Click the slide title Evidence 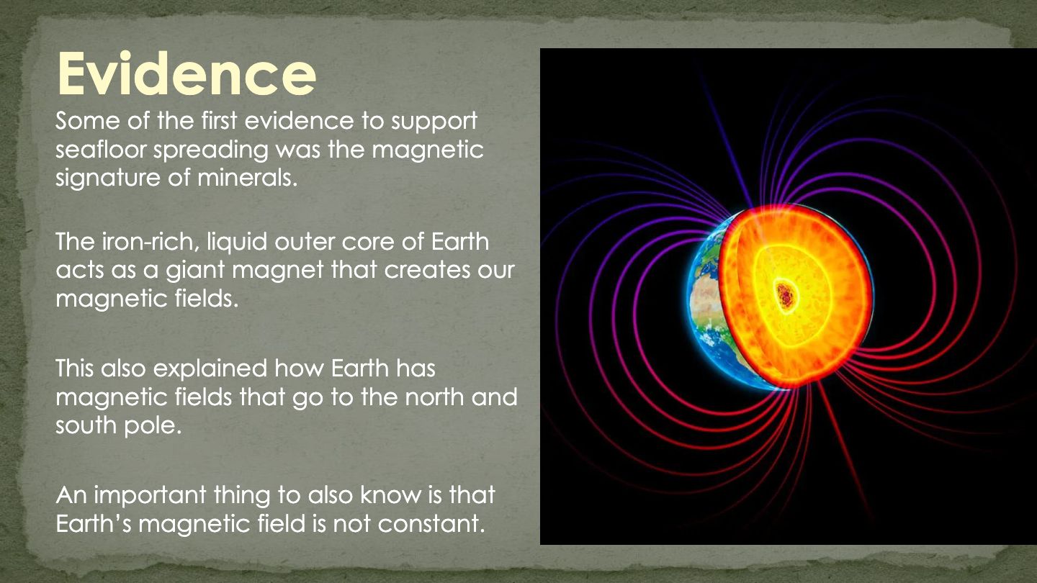click(186, 73)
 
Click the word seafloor click(101, 149)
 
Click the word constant click(431, 524)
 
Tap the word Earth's click(94, 524)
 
